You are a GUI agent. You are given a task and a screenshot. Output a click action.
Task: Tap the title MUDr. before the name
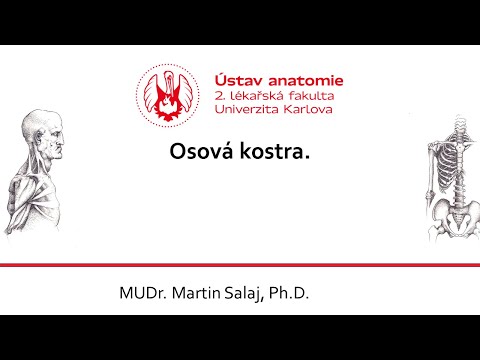point(143,294)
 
